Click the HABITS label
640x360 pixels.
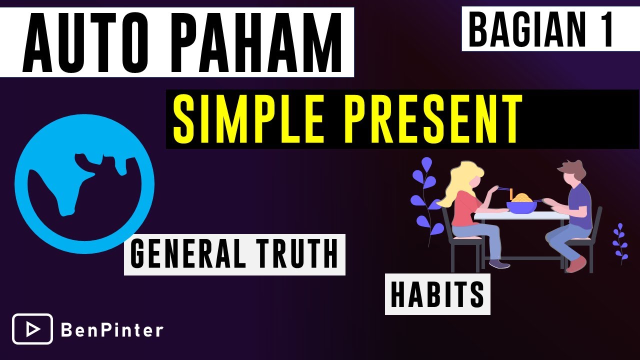(x=437, y=295)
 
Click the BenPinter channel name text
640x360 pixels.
(x=112, y=330)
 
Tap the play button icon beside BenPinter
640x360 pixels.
(x=32, y=329)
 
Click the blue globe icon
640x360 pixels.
(x=84, y=184)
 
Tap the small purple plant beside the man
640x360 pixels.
(x=620, y=242)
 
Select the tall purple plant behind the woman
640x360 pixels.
(x=425, y=200)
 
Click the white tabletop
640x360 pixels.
(x=520, y=215)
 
